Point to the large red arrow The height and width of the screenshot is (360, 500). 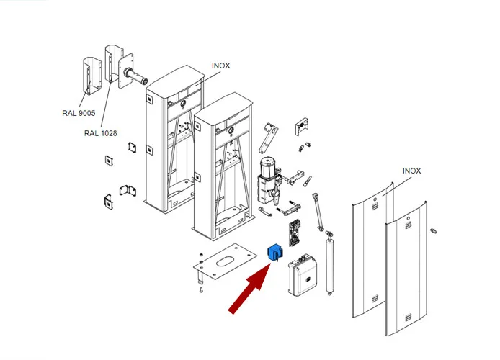click(251, 289)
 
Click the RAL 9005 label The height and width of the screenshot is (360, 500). click(79, 113)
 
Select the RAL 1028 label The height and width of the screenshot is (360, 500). click(100, 133)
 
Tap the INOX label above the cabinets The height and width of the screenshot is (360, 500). click(220, 66)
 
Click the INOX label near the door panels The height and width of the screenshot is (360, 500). click(411, 171)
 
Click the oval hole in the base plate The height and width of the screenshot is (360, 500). click(227, 261)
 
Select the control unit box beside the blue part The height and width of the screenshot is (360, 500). click(303, 275)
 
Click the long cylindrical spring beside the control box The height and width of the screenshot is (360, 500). click(329, 264)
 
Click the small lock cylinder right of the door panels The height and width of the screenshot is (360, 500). click(433, 230)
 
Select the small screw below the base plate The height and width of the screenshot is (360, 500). click(201, 289)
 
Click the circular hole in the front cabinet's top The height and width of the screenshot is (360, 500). click(231, 130)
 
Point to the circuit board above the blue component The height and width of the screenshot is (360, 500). click(295, 233)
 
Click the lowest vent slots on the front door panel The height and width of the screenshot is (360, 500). click(408, 318)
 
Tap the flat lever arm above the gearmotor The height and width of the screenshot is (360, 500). click(269, 138)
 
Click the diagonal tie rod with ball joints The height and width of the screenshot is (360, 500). click(318, 212)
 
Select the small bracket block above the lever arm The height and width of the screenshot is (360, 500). click(302, 126)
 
